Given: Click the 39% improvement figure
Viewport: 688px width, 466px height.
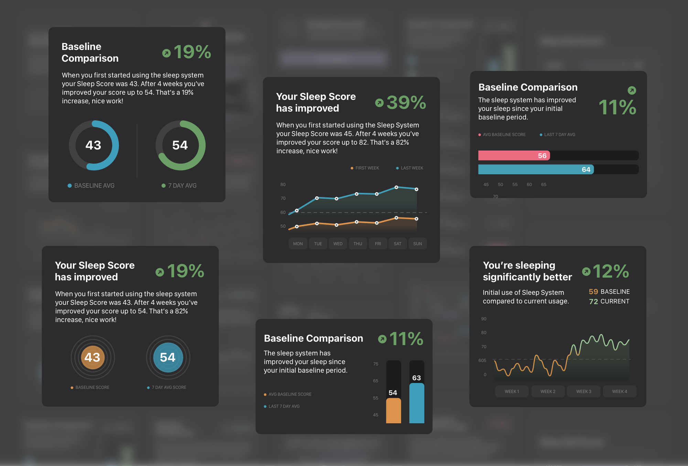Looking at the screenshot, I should click(406, 102).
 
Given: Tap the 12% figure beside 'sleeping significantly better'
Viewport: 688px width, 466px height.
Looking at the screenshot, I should click(611, 271).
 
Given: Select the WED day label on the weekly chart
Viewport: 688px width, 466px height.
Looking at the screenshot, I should click(338, 244).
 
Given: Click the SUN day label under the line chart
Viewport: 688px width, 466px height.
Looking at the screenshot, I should click(418, 244).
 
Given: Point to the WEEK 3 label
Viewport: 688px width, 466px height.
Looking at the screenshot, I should click(584, 391).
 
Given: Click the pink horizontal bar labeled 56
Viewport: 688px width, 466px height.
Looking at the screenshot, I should click(514, 156).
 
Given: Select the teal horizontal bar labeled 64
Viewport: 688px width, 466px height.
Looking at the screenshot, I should click(536, 169).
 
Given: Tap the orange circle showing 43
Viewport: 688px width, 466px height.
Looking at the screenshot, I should click(93, 358).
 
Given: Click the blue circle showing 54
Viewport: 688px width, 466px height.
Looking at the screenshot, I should click(168, 358).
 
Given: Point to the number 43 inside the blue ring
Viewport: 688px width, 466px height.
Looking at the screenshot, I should click(93, 145).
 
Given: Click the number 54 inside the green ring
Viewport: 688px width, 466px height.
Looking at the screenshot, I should click(180, 145).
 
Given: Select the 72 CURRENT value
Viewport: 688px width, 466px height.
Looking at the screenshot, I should click(609, 301).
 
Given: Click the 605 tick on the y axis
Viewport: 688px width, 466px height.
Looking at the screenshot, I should click(482, 360).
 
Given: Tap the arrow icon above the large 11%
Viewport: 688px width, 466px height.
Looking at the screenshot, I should click(632, 90).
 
